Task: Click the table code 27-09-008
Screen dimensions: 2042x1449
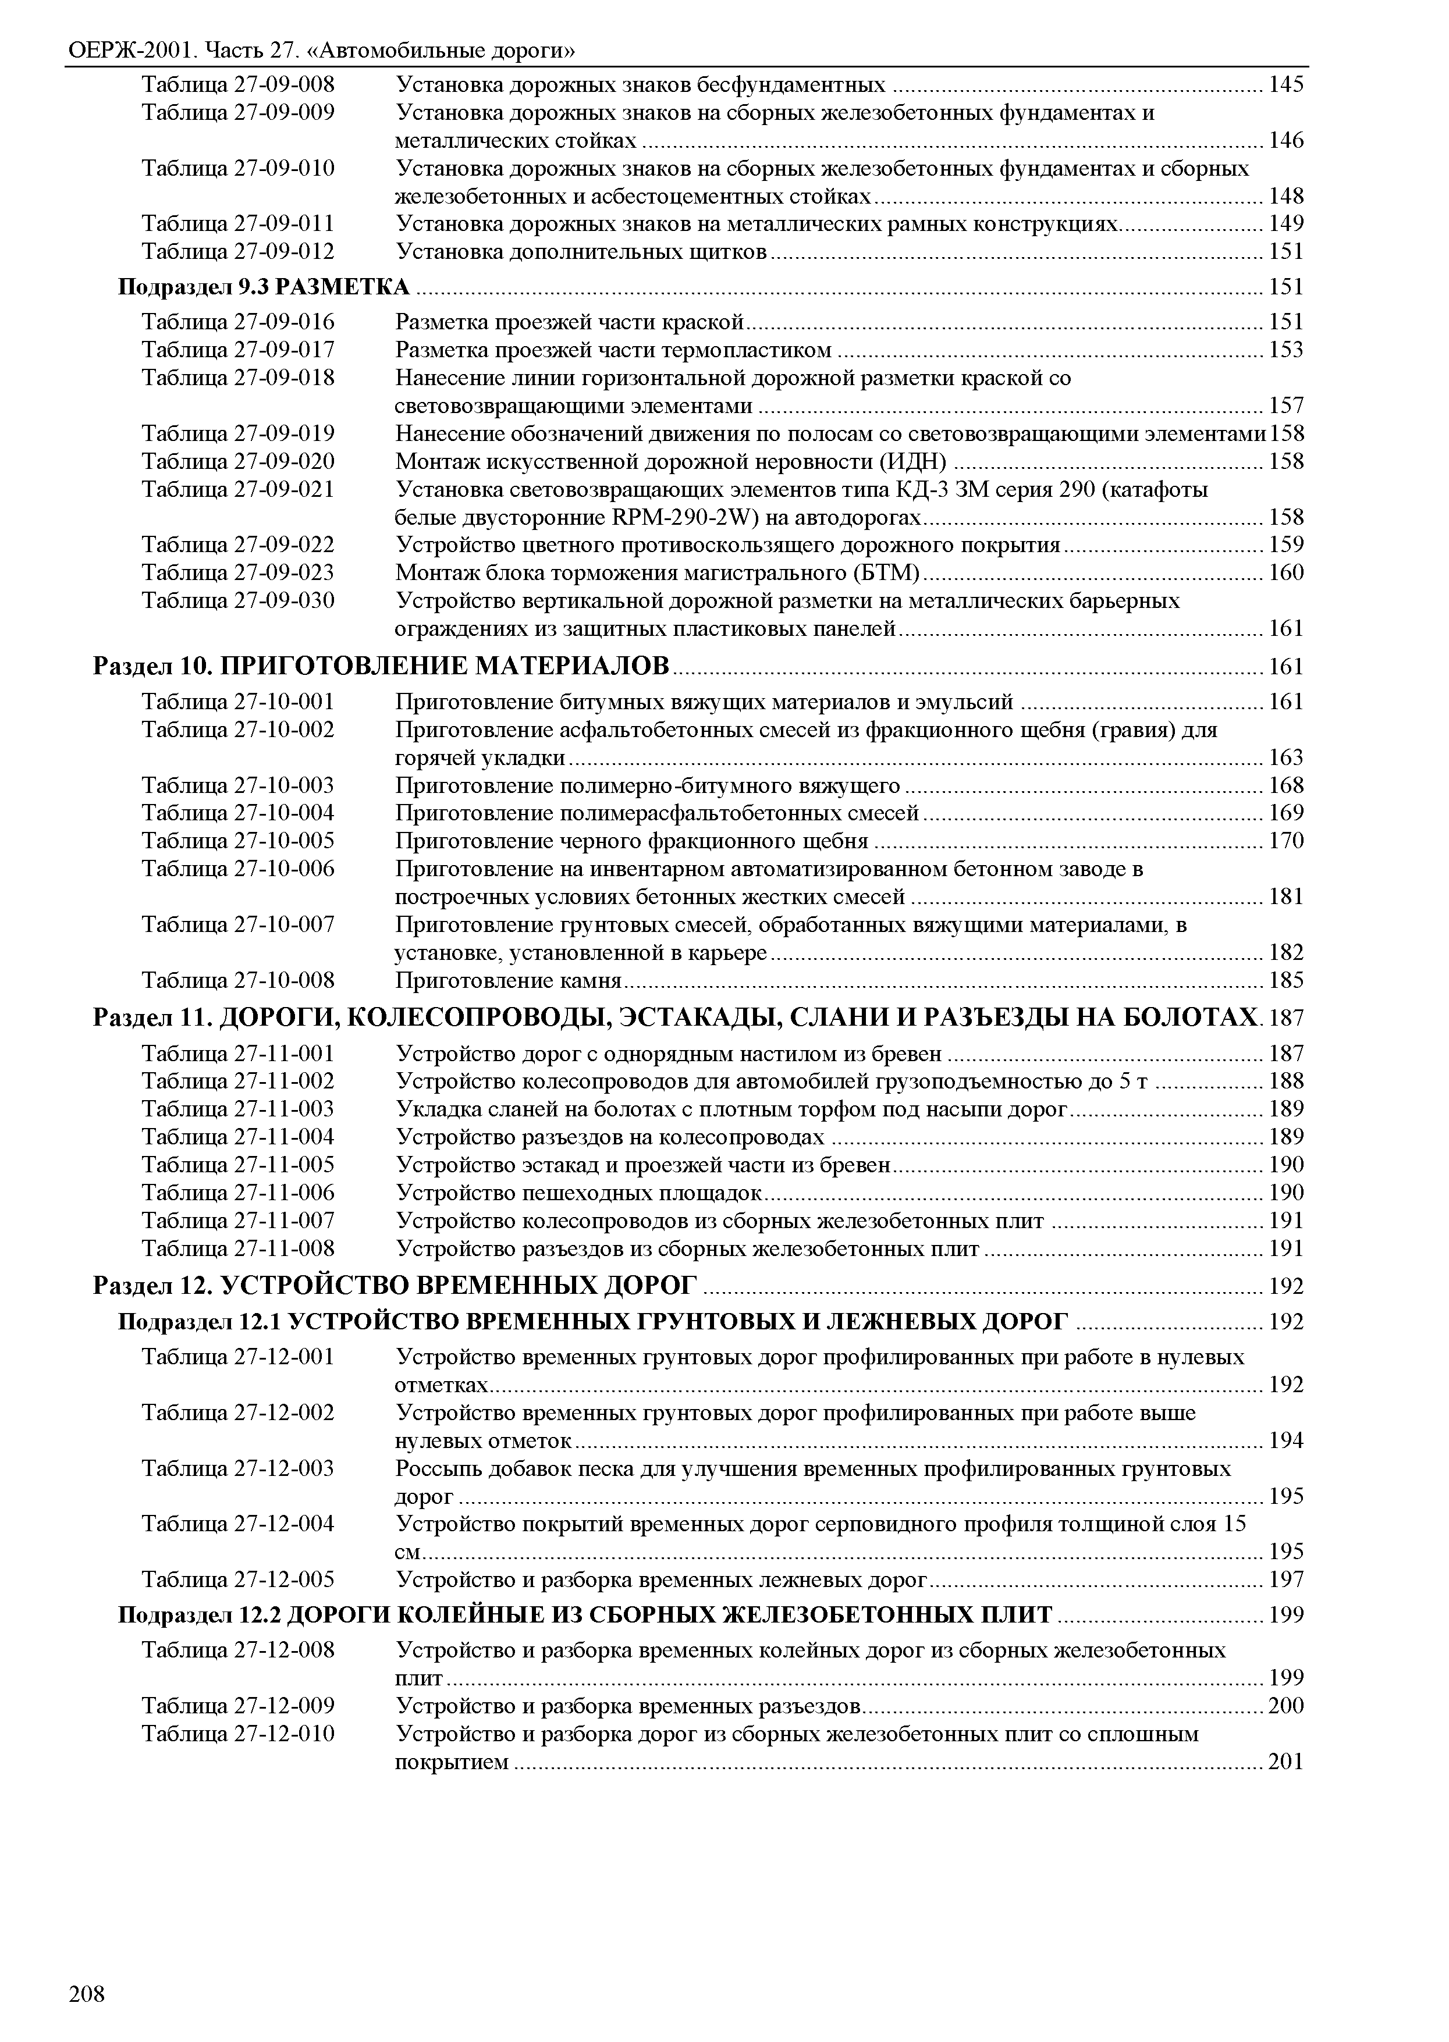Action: tap(284, 85)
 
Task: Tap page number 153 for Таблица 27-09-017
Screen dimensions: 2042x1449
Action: tap(1285, 350)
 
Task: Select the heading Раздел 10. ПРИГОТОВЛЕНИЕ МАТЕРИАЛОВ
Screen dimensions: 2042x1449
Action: tap(381, 666)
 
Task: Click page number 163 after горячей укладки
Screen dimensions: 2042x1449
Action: tap(1285, 757)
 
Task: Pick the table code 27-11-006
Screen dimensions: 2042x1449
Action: tap(284, 1192)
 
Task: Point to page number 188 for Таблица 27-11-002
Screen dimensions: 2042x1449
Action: tap(1285, 1082)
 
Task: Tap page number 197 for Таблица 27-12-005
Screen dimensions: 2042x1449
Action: tap(1285, 1580)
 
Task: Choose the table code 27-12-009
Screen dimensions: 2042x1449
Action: tap(284, 1706)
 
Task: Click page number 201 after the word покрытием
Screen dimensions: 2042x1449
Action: tap(1285, 1762)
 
